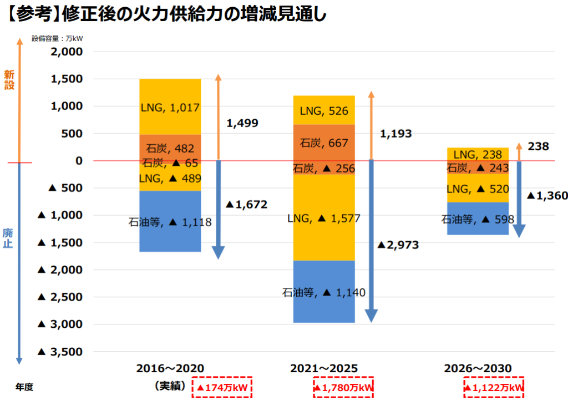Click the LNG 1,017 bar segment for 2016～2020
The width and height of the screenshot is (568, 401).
click(170, 106)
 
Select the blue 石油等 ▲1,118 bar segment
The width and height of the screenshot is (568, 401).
click(170, 222)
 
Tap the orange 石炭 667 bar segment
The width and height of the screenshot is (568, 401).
click(324, 143)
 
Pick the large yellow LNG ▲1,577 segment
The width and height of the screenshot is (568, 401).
click(324, 218)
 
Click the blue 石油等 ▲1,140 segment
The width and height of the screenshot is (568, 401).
click(324, 292)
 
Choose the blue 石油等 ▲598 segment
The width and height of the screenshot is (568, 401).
click(478, 219)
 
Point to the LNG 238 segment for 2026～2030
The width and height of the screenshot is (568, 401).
click(478, 154)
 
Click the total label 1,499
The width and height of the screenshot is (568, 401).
click(242, 123)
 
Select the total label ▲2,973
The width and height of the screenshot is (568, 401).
click(398, 245)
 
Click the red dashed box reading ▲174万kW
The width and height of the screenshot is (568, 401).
click(222, 388)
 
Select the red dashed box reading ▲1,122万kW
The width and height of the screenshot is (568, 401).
click(494, 388)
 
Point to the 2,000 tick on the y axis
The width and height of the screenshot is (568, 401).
click(66, 52)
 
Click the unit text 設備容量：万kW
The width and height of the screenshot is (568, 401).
click(57, 39)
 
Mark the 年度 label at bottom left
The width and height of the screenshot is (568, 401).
click(24, 387)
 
